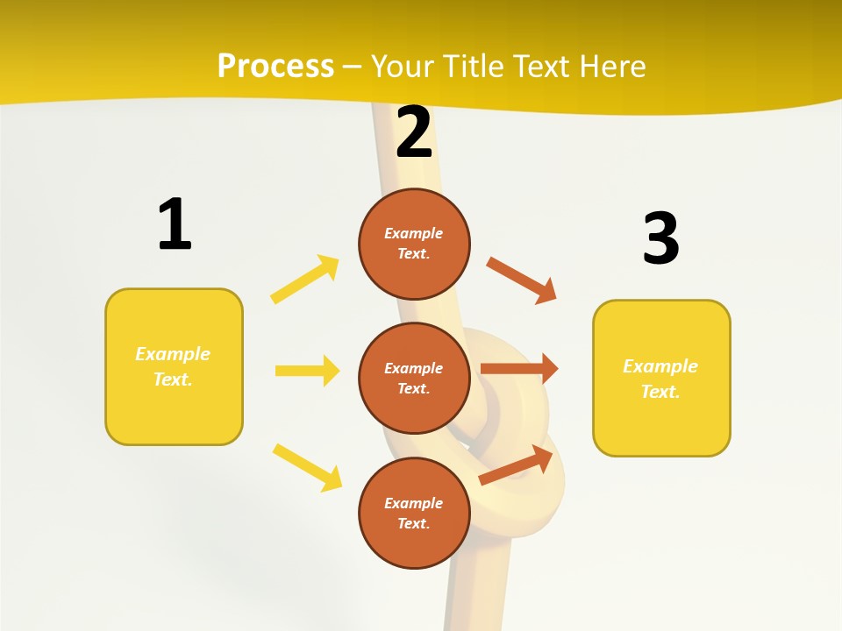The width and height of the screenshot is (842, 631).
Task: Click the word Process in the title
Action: point(275,67)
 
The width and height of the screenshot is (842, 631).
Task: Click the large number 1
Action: point(175,225)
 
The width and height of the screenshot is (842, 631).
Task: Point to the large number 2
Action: point(414,132)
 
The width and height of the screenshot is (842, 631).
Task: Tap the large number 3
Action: point(660,238)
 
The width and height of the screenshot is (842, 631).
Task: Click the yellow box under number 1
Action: point(174,366)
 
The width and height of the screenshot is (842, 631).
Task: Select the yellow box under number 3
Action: point(661,379)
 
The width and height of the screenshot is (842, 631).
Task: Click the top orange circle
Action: point(414,244)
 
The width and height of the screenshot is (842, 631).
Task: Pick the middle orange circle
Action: point(414,378)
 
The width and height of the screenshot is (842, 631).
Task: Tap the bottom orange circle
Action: point(414,513)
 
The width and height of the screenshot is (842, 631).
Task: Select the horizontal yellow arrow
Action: point(307,371)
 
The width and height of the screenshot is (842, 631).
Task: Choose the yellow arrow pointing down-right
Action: point(307,467)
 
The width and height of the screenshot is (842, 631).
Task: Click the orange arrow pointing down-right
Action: point(522,280)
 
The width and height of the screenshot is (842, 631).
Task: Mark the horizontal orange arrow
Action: point(519,368)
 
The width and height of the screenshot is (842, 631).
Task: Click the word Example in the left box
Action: point(173,354)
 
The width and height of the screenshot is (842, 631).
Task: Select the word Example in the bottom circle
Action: point(413,503)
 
